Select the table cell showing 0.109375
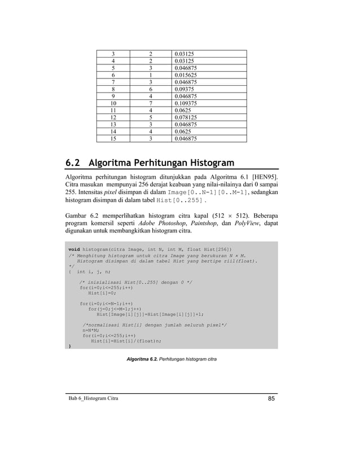186,104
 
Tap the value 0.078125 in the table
186,119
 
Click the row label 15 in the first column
115,141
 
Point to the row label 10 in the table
115,104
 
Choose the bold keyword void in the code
73,249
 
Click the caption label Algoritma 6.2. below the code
142,359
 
